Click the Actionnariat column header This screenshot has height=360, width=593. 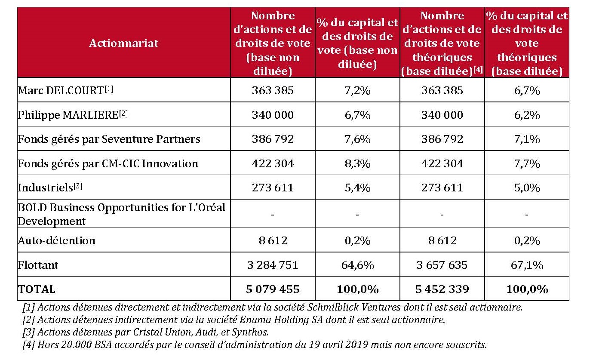123,43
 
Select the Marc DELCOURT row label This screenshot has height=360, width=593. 65,90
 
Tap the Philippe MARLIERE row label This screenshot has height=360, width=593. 73,115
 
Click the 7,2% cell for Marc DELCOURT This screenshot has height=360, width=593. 357,90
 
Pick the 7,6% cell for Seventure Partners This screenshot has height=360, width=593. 357,139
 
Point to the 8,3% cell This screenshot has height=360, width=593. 357,163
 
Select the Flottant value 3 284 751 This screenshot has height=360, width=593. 273,265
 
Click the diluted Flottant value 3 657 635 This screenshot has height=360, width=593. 442,265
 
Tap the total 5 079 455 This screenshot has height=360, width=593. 273,289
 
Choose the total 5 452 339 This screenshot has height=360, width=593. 442,289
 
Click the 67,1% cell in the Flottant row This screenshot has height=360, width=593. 527,265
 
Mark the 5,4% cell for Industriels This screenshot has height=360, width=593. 357,188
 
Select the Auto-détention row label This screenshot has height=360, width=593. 56,240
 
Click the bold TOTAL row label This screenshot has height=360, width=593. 37,289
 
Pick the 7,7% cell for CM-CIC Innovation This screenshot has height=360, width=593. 527,163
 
